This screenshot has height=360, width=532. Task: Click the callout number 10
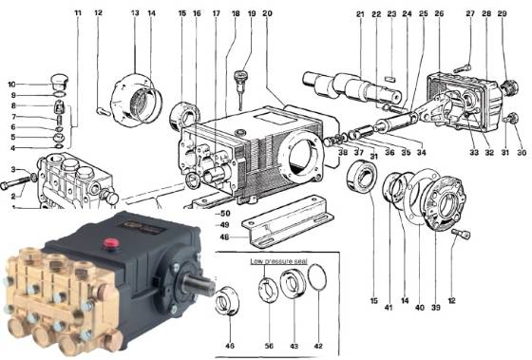coord(11,84)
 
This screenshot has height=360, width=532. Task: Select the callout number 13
coord(134,13)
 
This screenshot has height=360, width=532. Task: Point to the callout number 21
coord(360,13)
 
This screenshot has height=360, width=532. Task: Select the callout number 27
coord(469,13)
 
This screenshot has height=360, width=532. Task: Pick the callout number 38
coord(343,152)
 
